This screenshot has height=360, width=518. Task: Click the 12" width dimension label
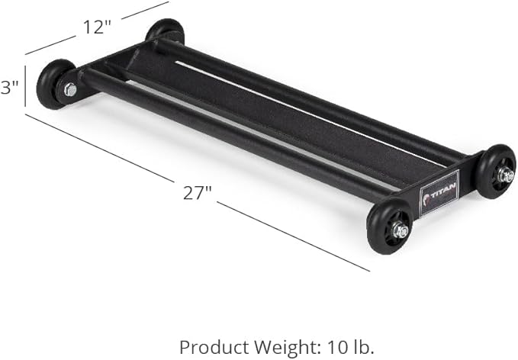tap(97, 28)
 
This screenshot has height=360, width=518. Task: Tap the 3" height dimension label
tap(9, 88)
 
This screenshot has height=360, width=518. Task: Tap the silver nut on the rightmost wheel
tap(505, 175)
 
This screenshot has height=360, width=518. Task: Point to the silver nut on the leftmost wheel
tap(69, 90)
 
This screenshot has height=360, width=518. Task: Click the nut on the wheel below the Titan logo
tap(400, 230)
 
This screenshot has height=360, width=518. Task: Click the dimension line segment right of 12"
tap(144, 9)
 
